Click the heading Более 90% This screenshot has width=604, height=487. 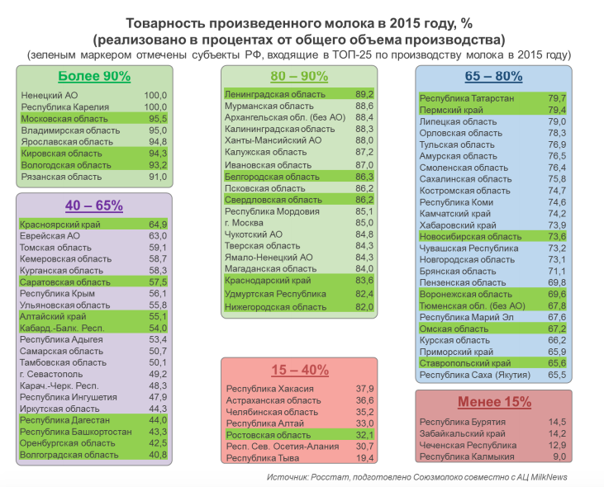point(94,76)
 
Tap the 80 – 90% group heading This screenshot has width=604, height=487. point(299,76)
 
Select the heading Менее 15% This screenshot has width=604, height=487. point(495,402)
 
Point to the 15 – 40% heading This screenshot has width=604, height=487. point(300,370)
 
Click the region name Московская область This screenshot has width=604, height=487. point(64,119)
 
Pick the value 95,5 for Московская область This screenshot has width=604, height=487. point(158,119)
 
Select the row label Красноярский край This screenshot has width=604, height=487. point(60,225)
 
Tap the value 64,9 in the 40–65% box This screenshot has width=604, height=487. point(158,225)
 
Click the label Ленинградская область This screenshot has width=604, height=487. point(275,94)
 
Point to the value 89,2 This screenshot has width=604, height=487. point(364,94)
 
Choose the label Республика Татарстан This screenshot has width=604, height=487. point(467,98)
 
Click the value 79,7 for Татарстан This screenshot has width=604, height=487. point(557,98)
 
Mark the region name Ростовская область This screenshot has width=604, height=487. point(269,435)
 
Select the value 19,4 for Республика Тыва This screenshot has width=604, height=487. point(364,458)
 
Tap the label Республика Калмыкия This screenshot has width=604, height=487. point(467,456)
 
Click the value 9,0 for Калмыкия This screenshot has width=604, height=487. point(559,456)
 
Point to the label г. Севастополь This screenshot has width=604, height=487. point(51,374)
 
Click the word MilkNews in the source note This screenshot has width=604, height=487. point(549,477)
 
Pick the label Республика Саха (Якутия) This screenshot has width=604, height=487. point(475,375)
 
